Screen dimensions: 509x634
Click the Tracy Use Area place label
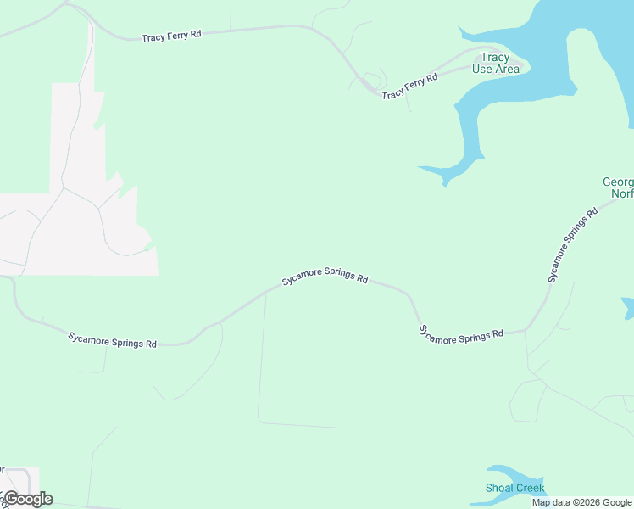495,64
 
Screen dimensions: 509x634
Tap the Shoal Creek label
515,488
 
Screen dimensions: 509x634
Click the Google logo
29,499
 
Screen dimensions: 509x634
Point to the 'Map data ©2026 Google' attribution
582,502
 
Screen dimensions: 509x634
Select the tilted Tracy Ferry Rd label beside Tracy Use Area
409,87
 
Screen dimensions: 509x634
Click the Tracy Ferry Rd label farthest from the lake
171,36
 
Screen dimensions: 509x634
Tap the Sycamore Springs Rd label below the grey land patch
112,340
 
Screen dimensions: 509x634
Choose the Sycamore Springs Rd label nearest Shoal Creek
462,334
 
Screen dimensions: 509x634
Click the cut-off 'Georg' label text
618,182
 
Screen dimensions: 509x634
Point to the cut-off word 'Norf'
622,194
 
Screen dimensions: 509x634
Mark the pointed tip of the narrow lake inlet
445,184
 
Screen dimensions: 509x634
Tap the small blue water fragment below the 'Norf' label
628,307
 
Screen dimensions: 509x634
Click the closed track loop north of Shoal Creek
526,400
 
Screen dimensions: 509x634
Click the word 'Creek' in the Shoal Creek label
531,488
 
